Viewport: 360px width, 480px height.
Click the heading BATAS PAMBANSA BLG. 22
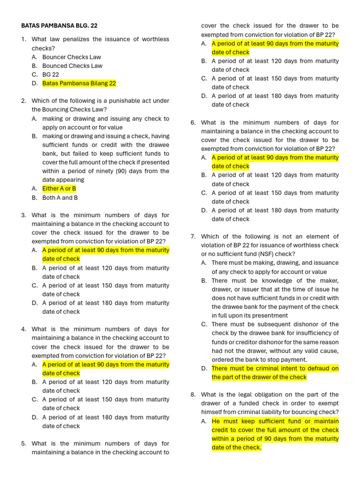60,26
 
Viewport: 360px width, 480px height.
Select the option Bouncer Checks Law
72,57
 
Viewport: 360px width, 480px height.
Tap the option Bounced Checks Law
72,66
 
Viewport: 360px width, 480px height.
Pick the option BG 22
51,75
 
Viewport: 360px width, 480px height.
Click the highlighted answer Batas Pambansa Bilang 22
79,83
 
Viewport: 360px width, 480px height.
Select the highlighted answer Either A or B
59,189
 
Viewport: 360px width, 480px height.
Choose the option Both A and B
60,198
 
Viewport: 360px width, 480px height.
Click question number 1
23,39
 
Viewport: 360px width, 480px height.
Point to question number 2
23,101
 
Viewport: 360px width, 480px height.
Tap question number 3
23,215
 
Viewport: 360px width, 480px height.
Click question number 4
23,330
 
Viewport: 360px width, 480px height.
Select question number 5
23,443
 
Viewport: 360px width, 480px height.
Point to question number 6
193,123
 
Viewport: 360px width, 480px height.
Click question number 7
193,237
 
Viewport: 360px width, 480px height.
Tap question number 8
193,395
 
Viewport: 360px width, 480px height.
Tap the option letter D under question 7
204,368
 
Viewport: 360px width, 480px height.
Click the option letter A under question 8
204,421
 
